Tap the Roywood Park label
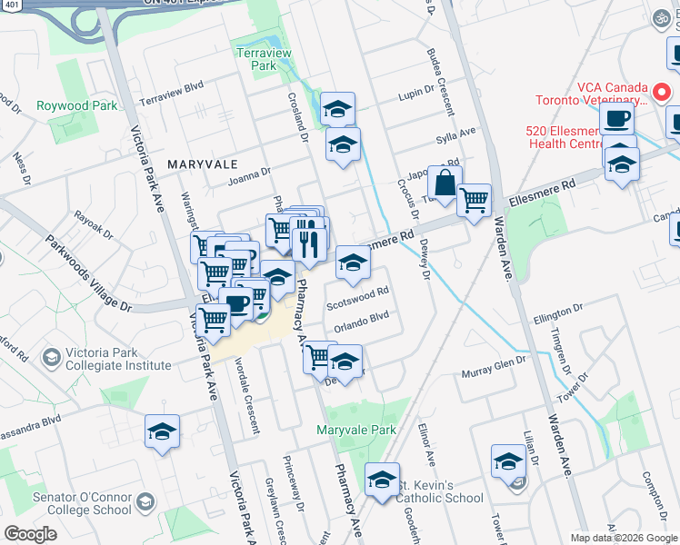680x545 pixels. (x=77, y=105)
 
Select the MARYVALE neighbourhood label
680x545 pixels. (x=202, y=163)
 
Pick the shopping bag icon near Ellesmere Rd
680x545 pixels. (x=445, y=183)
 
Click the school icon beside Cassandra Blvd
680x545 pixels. (x=162, y=432)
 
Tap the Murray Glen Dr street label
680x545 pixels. (x=494, y=364)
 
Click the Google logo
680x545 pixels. (x=30, y=534)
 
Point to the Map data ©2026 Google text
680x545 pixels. (x=623, y=538)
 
